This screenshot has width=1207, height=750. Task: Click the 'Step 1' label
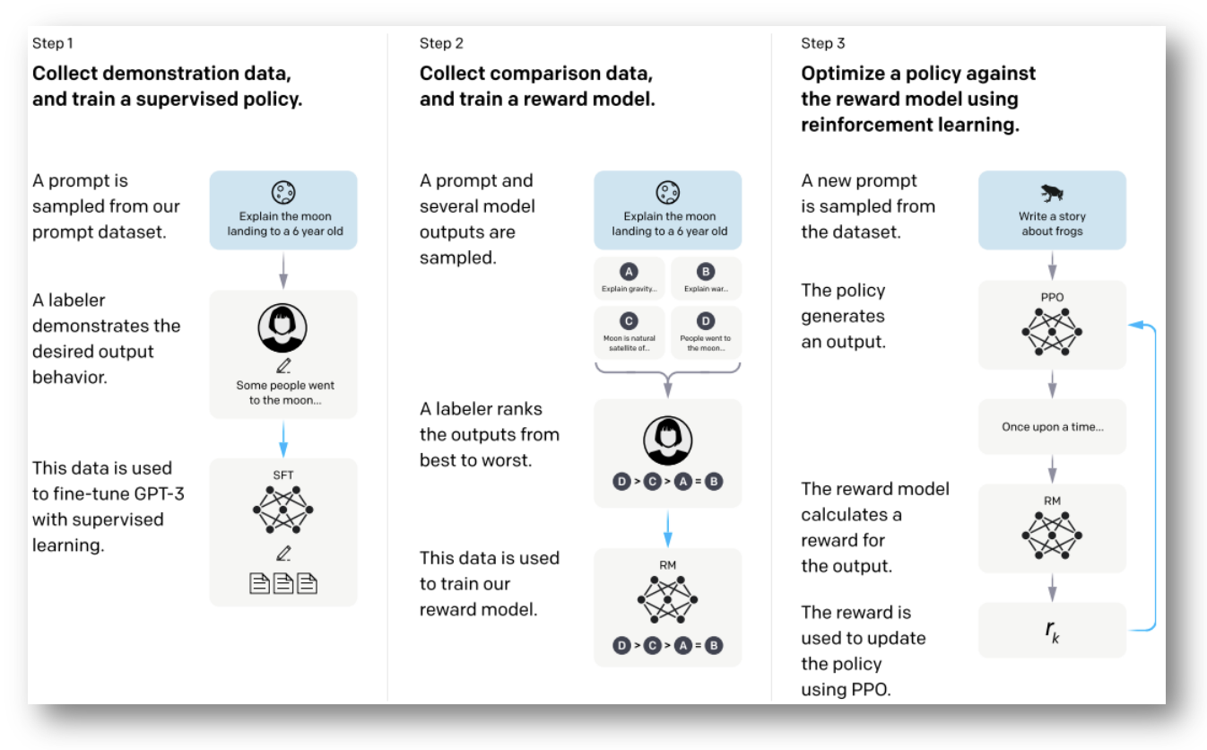coord(52,43)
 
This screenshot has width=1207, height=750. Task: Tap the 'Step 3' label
coord(823,43)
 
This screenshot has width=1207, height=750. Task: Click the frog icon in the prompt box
coord(1051,193)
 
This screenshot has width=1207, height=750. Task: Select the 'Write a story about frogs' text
coord(1052,223)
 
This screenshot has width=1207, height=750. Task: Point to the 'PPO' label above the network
coord(1052,297)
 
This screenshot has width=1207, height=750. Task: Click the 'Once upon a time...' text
coord(1053,426)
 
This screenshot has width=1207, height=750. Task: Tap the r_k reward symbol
coord(1052,631)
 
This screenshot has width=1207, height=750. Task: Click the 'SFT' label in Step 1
coord(282,475)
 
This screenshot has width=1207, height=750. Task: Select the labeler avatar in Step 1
coord(282,327)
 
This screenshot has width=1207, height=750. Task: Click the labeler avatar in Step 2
coord(668,440)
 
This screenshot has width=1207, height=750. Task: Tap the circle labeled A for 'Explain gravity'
coord(629,272)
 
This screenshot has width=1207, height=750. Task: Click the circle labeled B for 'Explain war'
coord(706,272)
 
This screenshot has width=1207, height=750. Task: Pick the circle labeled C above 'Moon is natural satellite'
coord(629,321)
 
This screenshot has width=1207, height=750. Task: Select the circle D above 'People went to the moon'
coord(706,321)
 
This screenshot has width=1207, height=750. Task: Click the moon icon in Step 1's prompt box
coord(283,193)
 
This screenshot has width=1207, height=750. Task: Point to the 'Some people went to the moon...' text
coord(285,393)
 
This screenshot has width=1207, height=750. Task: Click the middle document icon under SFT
coord(283,583)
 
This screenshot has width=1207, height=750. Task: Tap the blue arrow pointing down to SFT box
coord(283,439)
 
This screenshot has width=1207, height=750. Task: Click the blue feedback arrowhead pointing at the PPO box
coord(1135,325)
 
